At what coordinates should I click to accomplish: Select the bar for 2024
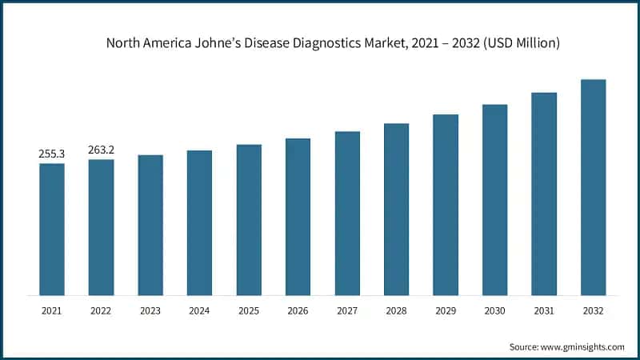click(199, 223)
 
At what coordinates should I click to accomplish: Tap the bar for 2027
click(347, 214)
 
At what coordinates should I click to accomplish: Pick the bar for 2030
click(494, 200)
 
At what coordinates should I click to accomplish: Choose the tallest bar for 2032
click(593, 187)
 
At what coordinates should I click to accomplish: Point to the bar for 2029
click(446, 205)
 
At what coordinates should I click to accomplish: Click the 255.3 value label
click(52, 154)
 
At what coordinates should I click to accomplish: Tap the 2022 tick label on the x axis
click(101, 310)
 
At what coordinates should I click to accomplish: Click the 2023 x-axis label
click(150, 310)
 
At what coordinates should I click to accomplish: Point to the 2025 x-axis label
click(249, 310)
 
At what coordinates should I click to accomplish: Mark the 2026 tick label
click(298, 310)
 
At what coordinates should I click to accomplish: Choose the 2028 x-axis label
click(396, 310)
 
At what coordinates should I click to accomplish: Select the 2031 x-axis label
click(544, 310)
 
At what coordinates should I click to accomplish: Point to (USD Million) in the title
click(520, 43)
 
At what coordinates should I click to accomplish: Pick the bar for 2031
click(544, 194)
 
